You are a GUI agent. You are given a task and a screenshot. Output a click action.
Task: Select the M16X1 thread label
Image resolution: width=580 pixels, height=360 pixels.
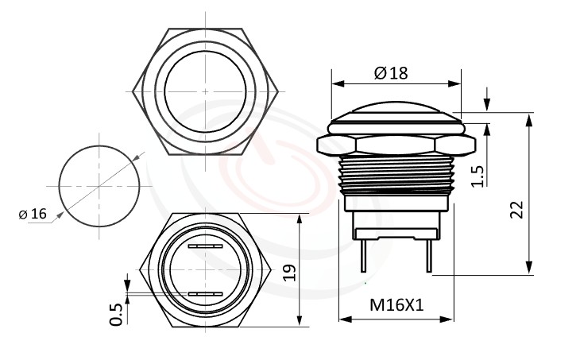tap(395, 305)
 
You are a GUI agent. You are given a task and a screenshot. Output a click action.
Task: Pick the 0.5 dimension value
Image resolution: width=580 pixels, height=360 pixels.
tap(117, 313)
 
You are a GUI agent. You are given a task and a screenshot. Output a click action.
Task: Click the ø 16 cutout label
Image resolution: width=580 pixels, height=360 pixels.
tap(33, 214)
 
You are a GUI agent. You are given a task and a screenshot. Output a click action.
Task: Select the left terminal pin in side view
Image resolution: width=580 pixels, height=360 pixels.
tap(362, 254)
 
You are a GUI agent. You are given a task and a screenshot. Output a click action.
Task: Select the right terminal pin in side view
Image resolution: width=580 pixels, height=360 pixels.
tap(429, 254)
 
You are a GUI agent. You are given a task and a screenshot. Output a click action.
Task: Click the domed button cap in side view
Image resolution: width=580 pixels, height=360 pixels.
tap(396, 112)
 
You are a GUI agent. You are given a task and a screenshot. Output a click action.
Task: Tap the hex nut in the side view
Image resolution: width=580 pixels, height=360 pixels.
tap(396, 144)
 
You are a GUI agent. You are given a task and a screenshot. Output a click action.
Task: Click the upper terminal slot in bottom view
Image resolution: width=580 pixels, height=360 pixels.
tap(206, 247)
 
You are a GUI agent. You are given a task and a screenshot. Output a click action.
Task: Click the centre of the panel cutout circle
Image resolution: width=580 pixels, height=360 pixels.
tap(100, 187)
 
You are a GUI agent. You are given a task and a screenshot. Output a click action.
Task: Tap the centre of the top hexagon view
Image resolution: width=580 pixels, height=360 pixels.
tap(206, 91)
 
